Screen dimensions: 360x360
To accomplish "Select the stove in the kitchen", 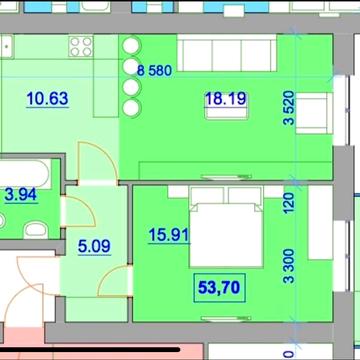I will point(80,46).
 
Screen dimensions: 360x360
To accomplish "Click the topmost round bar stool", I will point(130,46).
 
